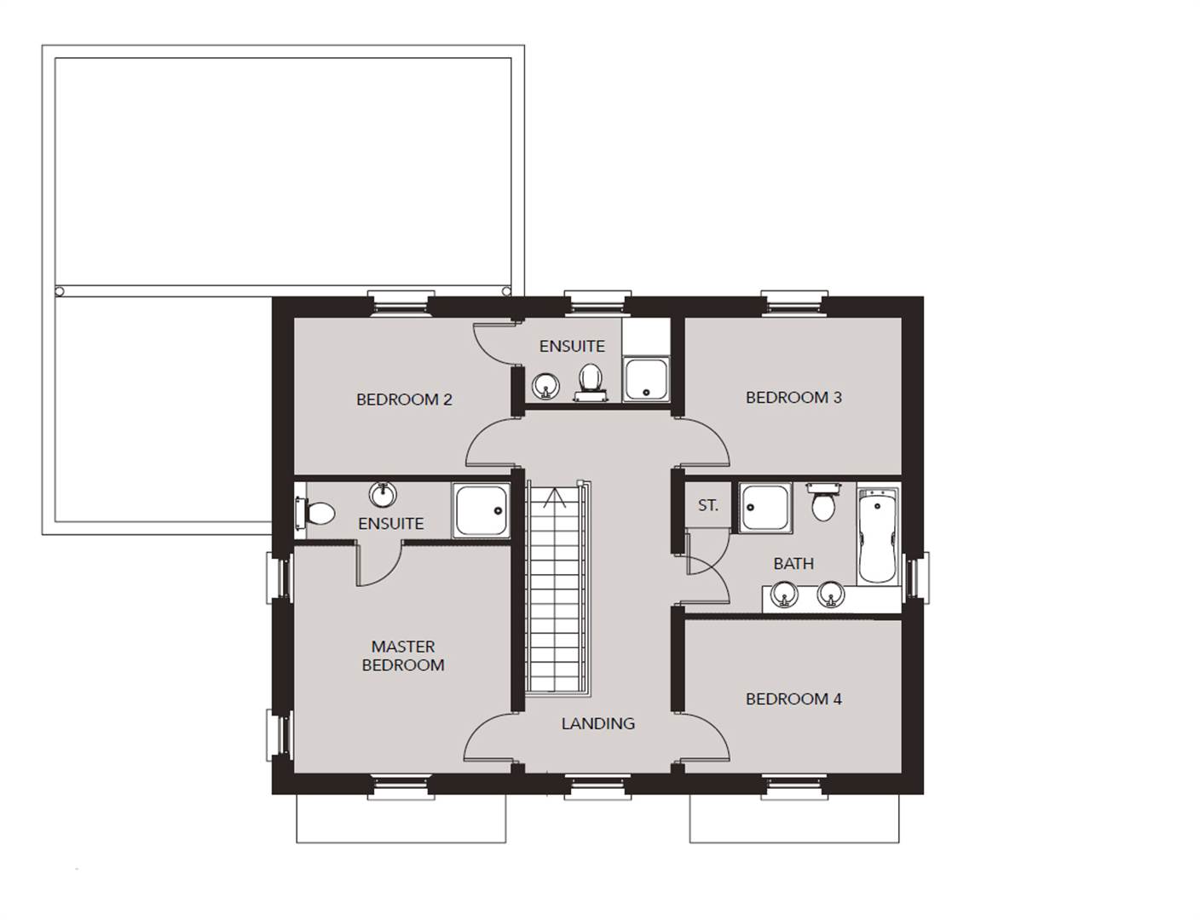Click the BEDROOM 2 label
(x=404, y=399)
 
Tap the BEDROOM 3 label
(x=793, y=397)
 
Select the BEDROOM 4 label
(x=793, y=699)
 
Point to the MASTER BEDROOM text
(x=403, y=656)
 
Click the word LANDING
(x=598, y=723)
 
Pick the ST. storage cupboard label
(x=708, y=505)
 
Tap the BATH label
(x=793, y=563)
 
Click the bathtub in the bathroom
(x=878, y=535)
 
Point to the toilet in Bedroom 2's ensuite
(x=591, y=382)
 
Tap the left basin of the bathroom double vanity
(x=785, y=595)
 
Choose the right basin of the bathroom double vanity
(x=831, y=595)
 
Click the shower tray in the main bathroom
(x=765, y=508)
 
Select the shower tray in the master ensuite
(x=481, y=510)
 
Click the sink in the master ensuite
(x=382, y=494)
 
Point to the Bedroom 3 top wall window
(x=793, y=304)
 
